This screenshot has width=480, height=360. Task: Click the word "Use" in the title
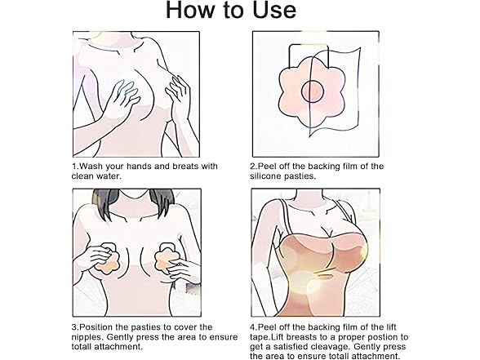pyautogui.click(x=274, y=10)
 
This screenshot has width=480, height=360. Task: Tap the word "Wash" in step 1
pyautogui.click(x=91, y=167)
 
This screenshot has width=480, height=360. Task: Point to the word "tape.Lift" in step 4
pyautogui.click(x=267, y=337)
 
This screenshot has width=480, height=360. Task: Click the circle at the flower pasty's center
pyautogui.click(x=313, y=91)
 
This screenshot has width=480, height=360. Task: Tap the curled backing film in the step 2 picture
pyautogui.click(x=336, y=91)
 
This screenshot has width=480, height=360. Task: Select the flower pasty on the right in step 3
pyautogui.click(x=166, y=258)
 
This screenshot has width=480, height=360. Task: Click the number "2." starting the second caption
pyautogui.click(x=253, y=167)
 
